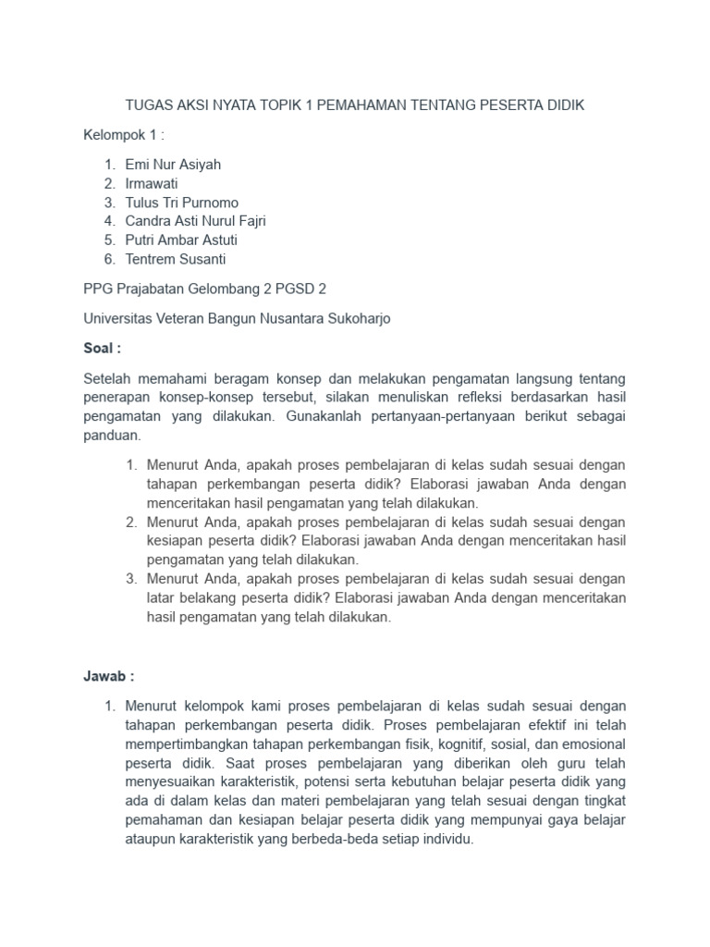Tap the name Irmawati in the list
point(152,183)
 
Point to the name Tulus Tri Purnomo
point(181,203)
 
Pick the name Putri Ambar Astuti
point(181,240)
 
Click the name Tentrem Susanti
point(176,259)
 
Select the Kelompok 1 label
point(123,135)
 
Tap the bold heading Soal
point(103,349)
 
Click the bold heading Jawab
point(108,677)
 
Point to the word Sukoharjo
point(359,319)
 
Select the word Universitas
point(120,319)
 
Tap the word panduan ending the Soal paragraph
point(111,434)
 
